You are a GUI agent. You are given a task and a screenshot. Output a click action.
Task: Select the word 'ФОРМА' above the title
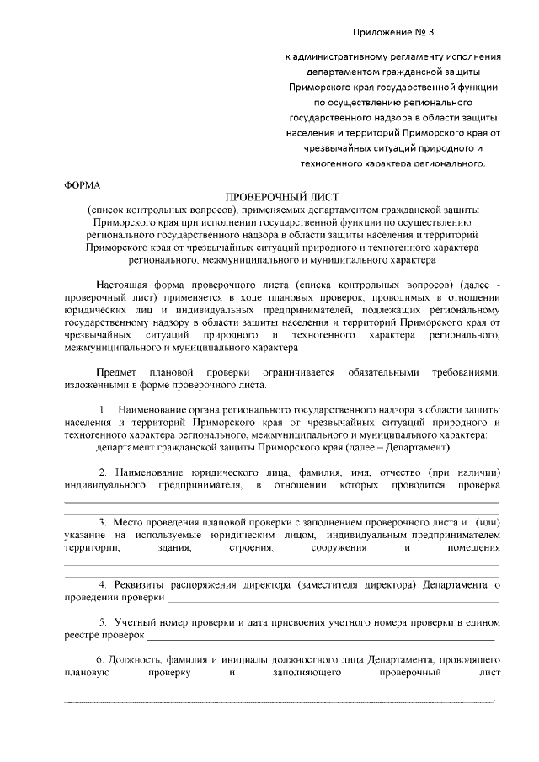point(82,184)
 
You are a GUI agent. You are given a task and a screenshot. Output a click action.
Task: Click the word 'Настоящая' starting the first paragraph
point(125,285)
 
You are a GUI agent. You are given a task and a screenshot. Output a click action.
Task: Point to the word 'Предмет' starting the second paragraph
point(115,371)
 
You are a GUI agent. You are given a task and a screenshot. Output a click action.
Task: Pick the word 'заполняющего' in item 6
point(306,673)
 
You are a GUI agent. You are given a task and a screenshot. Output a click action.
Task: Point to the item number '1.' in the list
point(104,409)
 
